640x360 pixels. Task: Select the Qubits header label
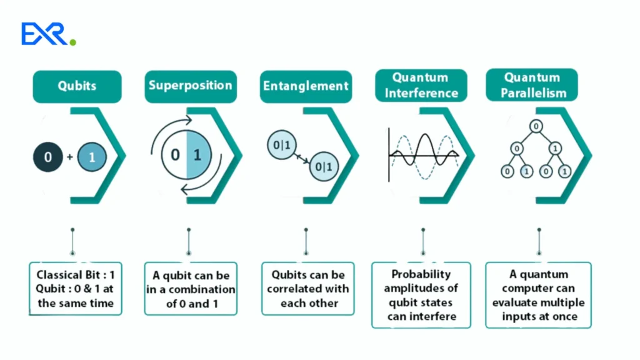[x=77, y=86]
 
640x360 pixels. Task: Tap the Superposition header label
[x=189, y=86]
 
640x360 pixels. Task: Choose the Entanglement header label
[x=305, y=86]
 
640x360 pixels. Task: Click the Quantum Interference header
[x=420, y=86]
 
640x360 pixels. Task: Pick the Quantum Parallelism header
[x=535, y=86]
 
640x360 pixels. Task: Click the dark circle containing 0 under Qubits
[x=48, y=157]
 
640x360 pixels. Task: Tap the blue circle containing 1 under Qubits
[x=92, y=157]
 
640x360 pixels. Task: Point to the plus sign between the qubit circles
[x=69, y=157]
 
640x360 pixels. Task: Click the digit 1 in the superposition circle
[x=197, y=154]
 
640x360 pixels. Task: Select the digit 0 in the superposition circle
[x=175, y=154]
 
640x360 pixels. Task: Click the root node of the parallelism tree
[x=536, y=127]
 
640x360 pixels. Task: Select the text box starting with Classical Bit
[x=76, y=289]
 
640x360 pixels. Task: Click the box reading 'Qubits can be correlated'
[x=307, y=289]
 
